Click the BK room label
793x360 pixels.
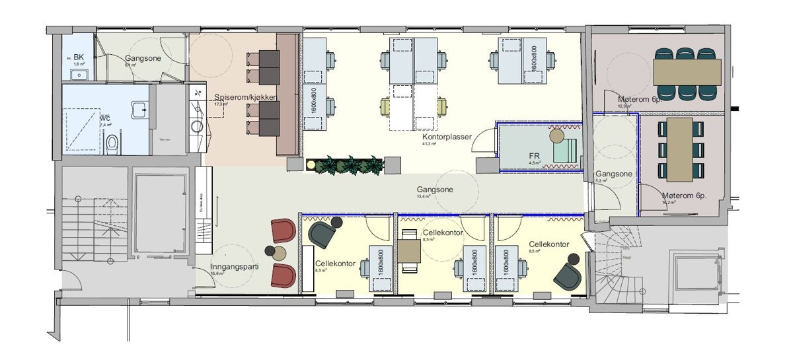(x=79, y=57)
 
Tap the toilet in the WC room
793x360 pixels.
(x=112, y=141)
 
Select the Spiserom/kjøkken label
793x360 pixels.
(x=245, y=96)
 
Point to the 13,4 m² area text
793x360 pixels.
(x=424, y=196)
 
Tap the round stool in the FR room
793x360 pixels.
(x=556, y=136)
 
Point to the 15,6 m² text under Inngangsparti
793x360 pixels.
(x=219, y=273)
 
